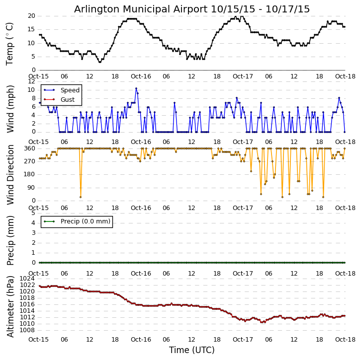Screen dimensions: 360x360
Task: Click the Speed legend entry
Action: (x=70, y=90)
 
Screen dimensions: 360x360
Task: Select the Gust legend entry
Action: (x=67, y=100)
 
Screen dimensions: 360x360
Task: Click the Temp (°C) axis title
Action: (x=10, y=43)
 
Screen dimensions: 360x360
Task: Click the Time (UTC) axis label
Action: (x=191, y=350)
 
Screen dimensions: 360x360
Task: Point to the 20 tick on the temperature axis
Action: (x=31, y=16)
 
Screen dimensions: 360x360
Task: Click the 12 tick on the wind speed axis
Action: (x=31, y=81)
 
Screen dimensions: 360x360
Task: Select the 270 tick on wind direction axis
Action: (x=29, y=161)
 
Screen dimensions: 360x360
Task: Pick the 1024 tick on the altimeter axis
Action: (x=27, y=279)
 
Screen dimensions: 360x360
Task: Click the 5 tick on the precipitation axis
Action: (x=33, y=213)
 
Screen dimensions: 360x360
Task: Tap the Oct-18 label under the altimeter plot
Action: (x=345, y=340)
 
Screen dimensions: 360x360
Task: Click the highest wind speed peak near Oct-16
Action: (x=136, y=88)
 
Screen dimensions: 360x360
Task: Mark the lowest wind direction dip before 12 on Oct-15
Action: (x=81, y=197)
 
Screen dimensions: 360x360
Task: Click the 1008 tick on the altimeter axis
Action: (x=27, y=330)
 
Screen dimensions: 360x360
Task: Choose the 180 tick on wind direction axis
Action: (x=29, y=174)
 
